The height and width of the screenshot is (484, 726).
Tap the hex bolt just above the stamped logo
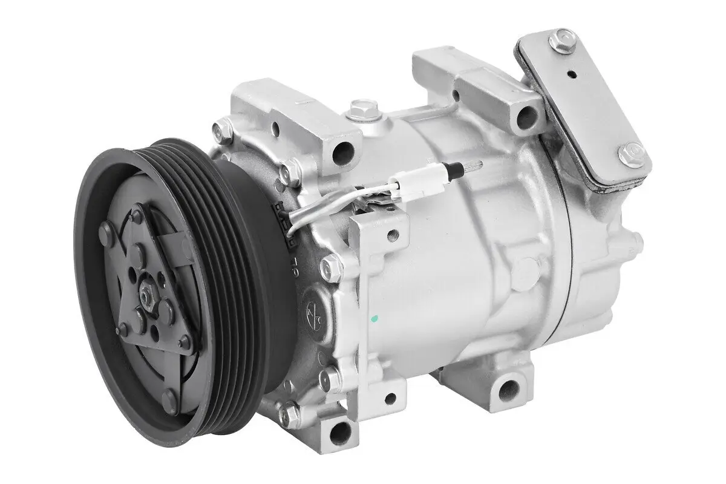coord(331,267)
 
